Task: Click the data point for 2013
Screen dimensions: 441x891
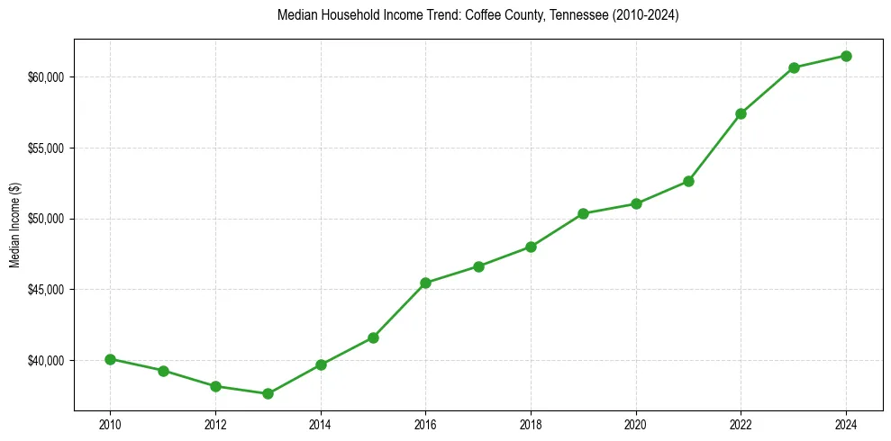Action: tap(268, 393)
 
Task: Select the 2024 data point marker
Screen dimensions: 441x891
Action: tap(846, 56)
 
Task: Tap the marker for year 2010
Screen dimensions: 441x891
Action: tap(110, 359)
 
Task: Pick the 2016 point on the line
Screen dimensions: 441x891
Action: tap(425, 283)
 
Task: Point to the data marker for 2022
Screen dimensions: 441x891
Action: tap(741, 113)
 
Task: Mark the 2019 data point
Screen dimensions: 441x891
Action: tap(583, 213)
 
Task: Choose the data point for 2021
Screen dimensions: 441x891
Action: tap(688, 181)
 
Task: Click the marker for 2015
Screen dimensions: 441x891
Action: tap(373, 337)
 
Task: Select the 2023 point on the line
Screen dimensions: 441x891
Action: tap(794, 67)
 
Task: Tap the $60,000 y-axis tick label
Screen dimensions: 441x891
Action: tap(46, 77)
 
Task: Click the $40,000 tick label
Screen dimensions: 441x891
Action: tap(46, 361)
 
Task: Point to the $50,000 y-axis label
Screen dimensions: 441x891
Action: tap(46, 219)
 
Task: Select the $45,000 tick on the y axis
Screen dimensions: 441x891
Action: tap(46, 290)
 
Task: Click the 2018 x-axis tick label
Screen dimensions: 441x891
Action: tap(531, 424)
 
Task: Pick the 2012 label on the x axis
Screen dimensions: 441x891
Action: tap(215, 424)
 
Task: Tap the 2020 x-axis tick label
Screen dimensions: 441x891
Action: tap(636, 424)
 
